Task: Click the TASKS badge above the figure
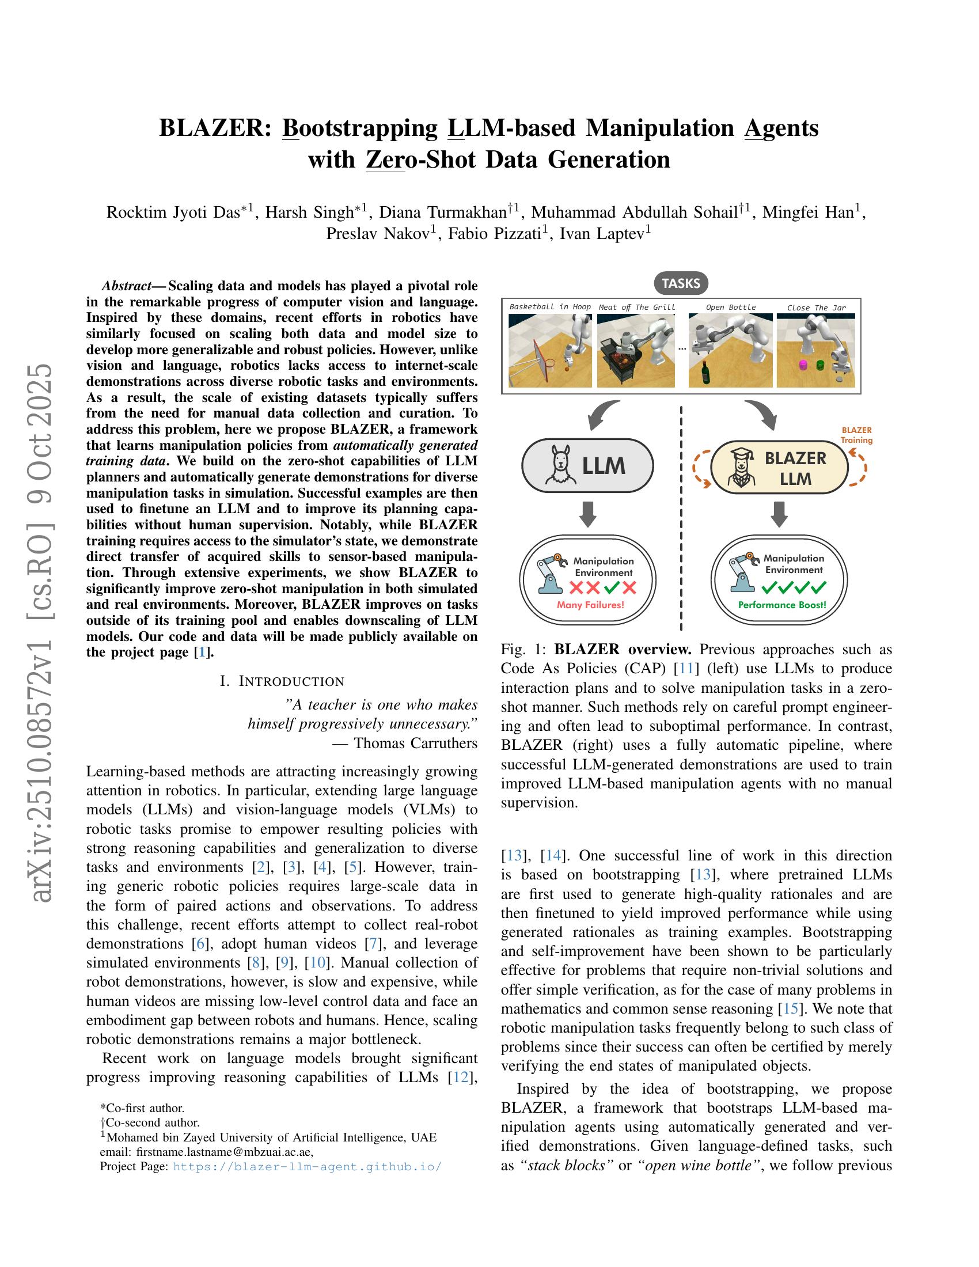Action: click(680, 283)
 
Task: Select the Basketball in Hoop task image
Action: click(550, 350)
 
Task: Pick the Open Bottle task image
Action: click(730, 350)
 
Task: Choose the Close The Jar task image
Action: click(815, 350)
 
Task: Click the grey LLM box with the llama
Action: click(587, 466)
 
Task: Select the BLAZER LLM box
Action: click(779, 468)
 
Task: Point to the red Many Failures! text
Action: click(590, 605)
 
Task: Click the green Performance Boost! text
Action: click(782, 605)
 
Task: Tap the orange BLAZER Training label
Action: click(857, 435)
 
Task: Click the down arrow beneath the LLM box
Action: click(587, 514)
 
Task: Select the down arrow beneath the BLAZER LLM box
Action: click(780, 514)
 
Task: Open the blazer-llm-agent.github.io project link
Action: click(308, 1166)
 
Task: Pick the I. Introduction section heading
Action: click(282, 681)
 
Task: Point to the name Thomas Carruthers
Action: click(415, 742)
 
